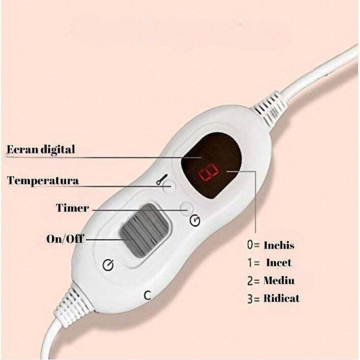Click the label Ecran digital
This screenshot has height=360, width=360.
pos(41,149)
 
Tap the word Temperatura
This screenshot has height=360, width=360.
pos(43,180)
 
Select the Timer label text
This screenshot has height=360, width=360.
pos(72,208)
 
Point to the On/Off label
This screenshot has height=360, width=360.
pos(65,239)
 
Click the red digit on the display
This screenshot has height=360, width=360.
pos(208,173)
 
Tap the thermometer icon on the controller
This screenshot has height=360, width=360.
pos(162,179)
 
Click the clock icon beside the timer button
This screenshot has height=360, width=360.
pos(195,221)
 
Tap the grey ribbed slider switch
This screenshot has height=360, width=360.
pos(145,230)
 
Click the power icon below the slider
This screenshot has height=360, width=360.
pos(108,265)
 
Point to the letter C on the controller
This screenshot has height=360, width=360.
pos(147,295)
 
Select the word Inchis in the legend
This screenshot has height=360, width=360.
pos(279,245)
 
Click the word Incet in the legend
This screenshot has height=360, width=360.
pos(279,263)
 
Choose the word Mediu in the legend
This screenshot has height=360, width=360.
pos(279,281)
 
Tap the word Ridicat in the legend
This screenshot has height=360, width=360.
pos(282,298)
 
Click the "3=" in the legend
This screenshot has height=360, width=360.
pos(253,299)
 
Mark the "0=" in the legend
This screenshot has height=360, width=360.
pos(253,245)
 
